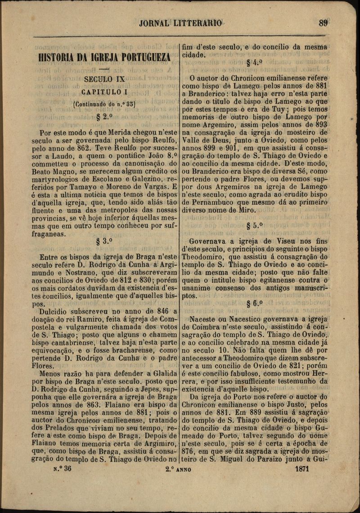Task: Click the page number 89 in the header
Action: point(323,23)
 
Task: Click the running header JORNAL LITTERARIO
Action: point(180,23)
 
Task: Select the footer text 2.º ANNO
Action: point(179,469)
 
